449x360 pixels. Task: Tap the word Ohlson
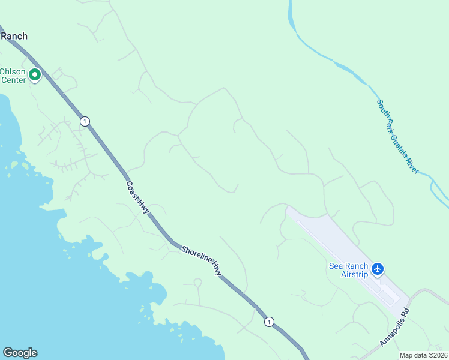click(12, 71)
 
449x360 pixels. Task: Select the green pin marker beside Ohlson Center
click(35, 75)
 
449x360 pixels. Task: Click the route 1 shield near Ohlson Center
click(85, 121)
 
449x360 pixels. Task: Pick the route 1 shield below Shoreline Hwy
click(270, 322)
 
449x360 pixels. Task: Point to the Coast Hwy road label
click(137, 196)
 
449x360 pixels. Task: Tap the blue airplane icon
click(378, 269)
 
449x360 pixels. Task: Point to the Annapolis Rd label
click(394, 328)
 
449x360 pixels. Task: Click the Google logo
click(20, 353)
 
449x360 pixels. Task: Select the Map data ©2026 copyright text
click(423, 355)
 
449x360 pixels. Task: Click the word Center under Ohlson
click(13, 80)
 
